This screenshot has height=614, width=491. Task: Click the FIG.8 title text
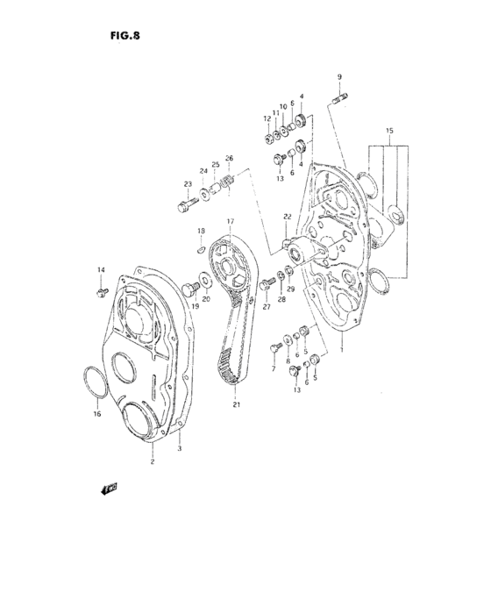126,36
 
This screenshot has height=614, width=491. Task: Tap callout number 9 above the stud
340,77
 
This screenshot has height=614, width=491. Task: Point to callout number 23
187,183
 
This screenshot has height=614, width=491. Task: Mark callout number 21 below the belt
236,403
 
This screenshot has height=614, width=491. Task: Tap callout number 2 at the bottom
152,461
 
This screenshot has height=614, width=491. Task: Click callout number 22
286,217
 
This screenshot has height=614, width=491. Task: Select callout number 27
264,308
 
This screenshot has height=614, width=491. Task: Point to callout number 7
273,369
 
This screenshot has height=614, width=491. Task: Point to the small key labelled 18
201,248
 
